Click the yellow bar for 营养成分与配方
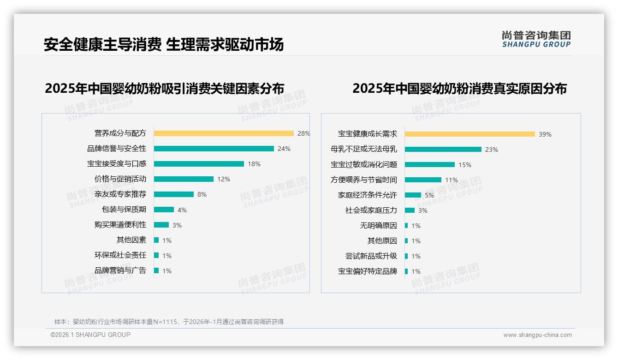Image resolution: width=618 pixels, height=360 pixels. (224, 133)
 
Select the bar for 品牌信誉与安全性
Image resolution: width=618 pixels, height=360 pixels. (214, 149)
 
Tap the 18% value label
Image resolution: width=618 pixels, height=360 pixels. (254, 164)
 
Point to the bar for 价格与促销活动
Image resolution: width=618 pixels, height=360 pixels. (184, 179)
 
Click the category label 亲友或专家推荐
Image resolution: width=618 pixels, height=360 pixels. (120, 194)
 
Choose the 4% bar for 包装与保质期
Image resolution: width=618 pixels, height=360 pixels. (164, 210)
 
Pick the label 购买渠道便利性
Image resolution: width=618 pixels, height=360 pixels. (120, 225)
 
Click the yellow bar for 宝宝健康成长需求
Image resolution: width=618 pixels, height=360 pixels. (469, 134)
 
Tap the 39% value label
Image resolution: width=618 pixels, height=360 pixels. (545, 134)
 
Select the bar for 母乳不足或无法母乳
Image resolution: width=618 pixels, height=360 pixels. (443, 150)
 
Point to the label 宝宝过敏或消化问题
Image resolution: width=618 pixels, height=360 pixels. (364, 165)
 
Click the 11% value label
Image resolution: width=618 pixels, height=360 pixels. (452, 180)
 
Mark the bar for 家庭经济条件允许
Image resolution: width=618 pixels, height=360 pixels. (413, 195)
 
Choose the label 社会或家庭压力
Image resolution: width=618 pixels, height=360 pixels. (371, 210)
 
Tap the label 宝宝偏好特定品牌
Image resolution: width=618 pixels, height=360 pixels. (368, 271)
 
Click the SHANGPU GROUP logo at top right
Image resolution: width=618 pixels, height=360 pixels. (536, 39)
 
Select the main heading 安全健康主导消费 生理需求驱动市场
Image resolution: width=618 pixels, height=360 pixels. (164, 44)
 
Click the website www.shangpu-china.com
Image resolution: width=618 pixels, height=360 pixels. (537, 335)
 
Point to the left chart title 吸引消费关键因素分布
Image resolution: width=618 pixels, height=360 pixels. (164, 88)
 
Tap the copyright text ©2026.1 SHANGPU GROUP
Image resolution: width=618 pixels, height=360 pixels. (90, 335)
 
